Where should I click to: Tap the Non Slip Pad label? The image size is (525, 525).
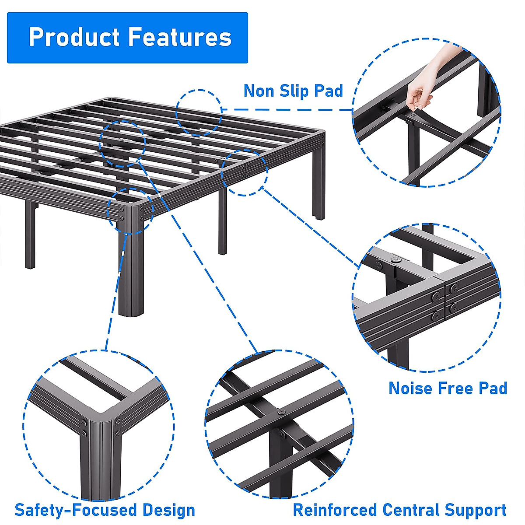(293, 91)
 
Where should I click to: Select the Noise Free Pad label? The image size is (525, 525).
(448, 388)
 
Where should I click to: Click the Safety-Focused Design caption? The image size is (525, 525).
(105, 510)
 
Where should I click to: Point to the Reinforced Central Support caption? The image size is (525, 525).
(399, 510)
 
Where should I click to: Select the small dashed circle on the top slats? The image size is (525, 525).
(199, 112)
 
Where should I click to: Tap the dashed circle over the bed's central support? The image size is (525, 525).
(122, 143)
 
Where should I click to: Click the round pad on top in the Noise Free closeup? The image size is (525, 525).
(396, 259)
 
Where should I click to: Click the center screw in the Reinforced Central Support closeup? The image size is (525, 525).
(280, 412)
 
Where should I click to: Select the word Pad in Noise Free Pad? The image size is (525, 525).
(492, 388)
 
